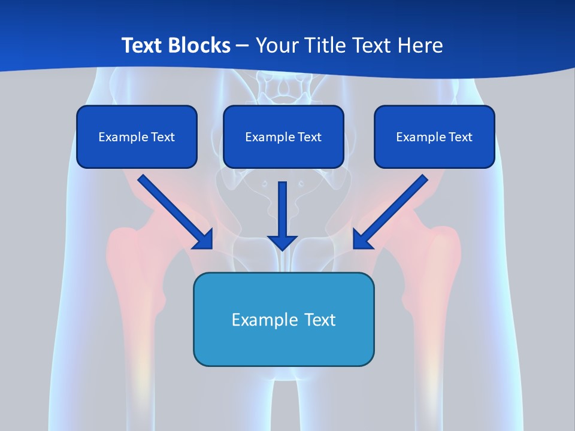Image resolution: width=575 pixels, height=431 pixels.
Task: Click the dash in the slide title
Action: coord(243,46)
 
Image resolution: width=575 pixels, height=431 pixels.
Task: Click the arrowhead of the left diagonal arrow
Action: coord(204,239)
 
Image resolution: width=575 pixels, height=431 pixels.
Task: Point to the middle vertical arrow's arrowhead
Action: coord(282,242)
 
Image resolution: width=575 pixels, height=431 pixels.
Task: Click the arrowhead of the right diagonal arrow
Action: coord(362,239)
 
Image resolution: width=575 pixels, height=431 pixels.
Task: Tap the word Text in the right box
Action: coord(461,137)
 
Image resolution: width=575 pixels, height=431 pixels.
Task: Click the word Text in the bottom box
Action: coord(320,320)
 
